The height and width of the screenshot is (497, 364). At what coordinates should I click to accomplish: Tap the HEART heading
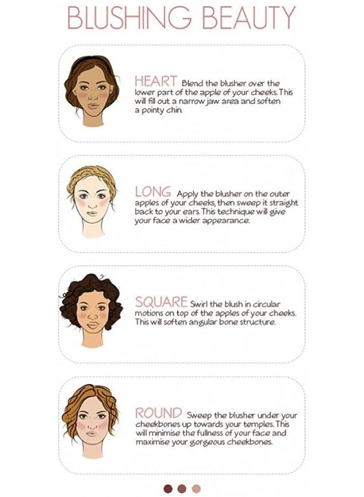click(156, 81)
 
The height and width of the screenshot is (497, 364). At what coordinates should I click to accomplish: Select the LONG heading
click(153, 192)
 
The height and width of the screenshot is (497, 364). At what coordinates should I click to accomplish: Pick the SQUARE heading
click(162, 302)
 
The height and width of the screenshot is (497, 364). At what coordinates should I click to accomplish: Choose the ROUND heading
click(159, 413)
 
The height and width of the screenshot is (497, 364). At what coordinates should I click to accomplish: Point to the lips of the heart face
click(93, 106)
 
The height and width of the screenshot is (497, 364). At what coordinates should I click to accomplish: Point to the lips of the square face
click(93, 325)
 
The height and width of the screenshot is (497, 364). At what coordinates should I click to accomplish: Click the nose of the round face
click(92, 426)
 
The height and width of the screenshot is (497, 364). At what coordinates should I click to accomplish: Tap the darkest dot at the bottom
click(168, 489)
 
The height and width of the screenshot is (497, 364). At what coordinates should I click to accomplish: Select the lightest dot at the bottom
click(196, 489)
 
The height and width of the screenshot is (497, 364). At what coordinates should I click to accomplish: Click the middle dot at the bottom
click(182, 489)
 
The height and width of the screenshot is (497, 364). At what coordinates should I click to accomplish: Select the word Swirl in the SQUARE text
click(199, 304)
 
